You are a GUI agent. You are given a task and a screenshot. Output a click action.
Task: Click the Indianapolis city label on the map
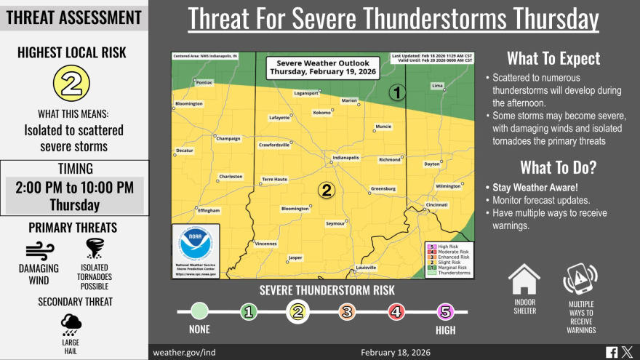(345, 158)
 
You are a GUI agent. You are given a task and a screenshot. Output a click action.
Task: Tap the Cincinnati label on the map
(437, 205)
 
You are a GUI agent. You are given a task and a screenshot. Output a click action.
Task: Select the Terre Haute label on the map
(274, 179)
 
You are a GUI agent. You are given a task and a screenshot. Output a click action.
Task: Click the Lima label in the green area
(438, 86)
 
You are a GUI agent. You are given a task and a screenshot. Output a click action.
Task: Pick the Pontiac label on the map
(204, 83)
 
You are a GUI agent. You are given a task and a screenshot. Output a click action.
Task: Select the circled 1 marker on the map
(397, 92)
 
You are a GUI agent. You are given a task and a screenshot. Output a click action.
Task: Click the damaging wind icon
(41, 252)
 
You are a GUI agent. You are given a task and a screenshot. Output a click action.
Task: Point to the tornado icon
(95, 249)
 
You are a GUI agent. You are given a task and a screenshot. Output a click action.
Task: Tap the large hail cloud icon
(71, 324)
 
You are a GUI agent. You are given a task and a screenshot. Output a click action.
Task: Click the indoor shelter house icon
(524, 280)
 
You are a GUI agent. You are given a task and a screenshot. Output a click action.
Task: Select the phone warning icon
(580, 281)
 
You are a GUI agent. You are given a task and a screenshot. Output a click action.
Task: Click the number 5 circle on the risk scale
(445, 312)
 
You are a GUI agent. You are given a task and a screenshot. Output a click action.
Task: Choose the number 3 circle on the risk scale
(347, 312)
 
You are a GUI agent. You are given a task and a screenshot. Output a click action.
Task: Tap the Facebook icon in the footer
(612, 352)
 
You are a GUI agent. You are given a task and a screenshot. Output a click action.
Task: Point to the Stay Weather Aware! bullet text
(520, 187)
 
